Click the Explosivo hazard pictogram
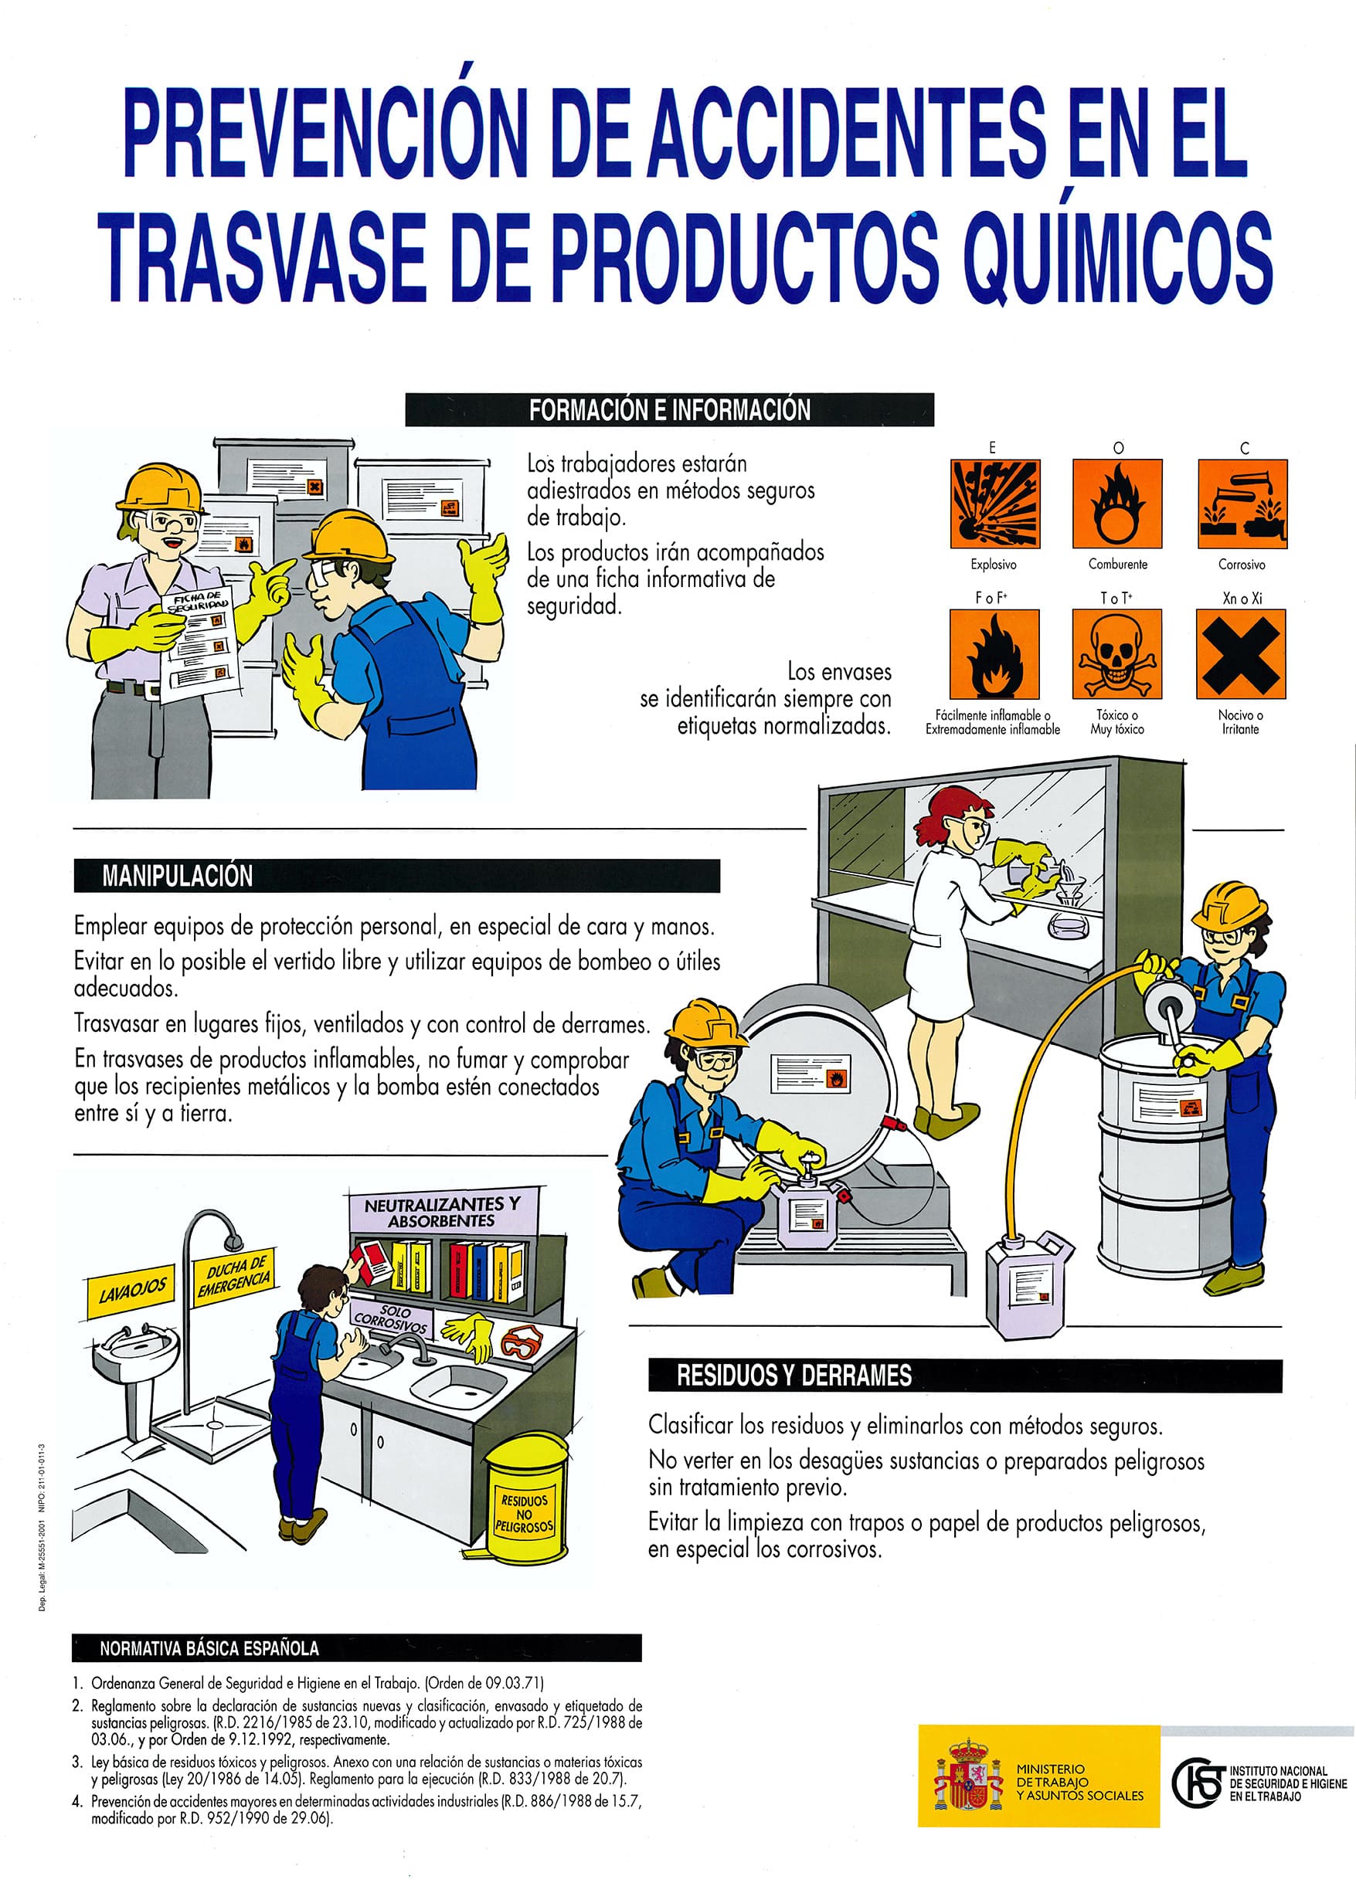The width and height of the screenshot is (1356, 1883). point(994,504)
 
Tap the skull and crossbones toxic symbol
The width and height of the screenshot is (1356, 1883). point(1116,654)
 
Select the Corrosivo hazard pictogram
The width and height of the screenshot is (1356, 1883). point(1242,504)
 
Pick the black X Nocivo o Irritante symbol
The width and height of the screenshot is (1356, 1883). point(1241,654)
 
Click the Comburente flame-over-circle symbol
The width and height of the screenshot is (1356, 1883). point(1116,504)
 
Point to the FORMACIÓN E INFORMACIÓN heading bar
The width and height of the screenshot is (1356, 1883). point(669,410)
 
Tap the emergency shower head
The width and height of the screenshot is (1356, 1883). point(233,1242)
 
